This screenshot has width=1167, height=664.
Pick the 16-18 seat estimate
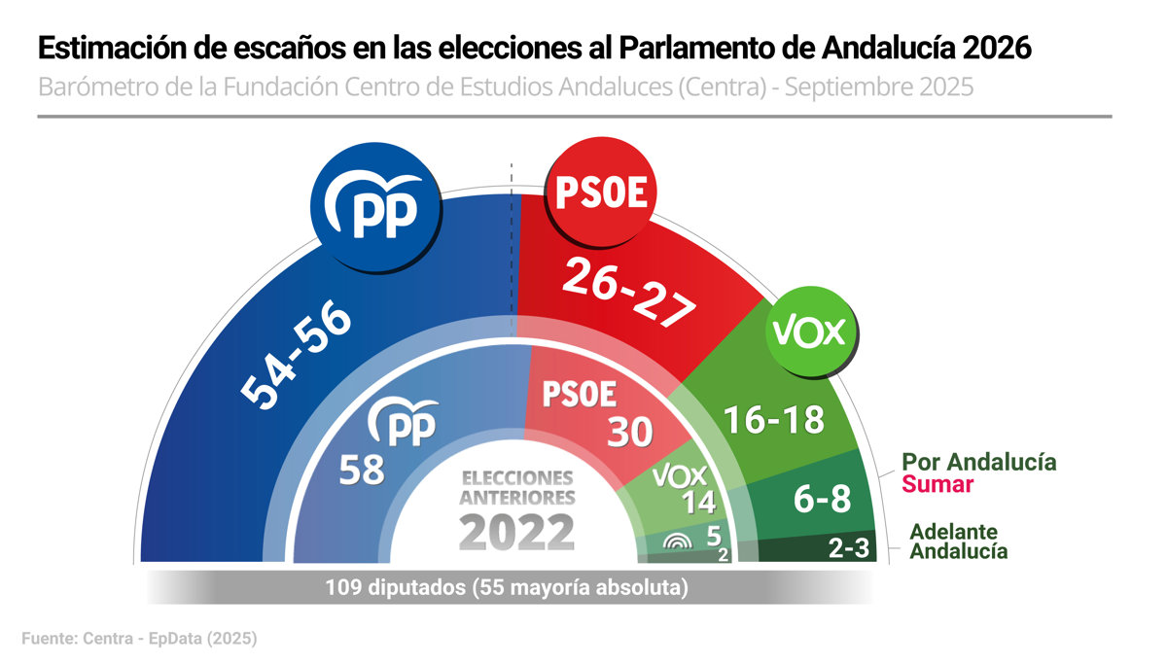774,419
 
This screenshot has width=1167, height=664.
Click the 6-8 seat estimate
822,500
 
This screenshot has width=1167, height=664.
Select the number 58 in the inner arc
362,471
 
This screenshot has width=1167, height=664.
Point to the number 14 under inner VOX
699,503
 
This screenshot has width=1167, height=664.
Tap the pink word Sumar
937,484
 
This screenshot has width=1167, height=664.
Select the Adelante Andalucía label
958,542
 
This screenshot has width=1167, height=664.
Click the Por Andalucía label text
979,461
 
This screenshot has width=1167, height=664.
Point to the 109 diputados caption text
507,587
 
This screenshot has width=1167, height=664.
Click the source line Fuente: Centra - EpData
139,639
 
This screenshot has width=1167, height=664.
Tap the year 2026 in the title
994,47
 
